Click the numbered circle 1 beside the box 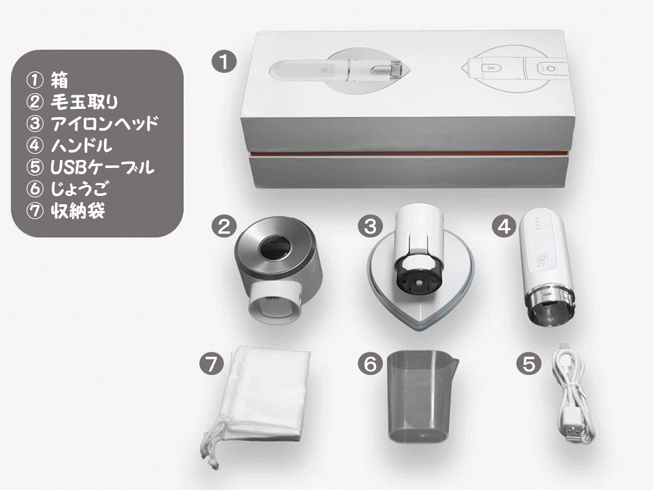[x=224, y=61]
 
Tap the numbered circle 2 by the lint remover [x=224, y=227]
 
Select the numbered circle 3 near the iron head [x=370, y=226]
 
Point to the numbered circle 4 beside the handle [x=504, y=226]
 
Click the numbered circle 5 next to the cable [x=529, y=364]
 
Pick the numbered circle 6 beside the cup [x=370, y=364]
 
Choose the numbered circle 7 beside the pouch [x=212, y=364]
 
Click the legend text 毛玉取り [x=84, y=101]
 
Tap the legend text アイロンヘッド [x=105, y=123]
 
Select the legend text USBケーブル [x=103, y=167]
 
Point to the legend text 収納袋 [x=78, y=211]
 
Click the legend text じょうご [x=79, y=189]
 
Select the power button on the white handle [x=542, y=259]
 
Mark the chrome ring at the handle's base [x=549, y=296]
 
